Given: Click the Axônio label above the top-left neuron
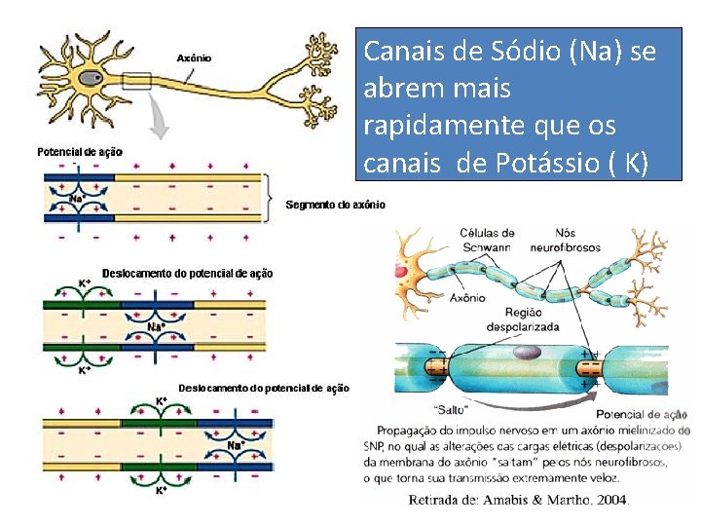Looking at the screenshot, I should tap(193, 58).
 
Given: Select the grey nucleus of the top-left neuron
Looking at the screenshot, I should tap(91, 78).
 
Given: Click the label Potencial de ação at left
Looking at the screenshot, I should tap(80, 152).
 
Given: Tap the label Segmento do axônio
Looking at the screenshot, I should tap(335, 205).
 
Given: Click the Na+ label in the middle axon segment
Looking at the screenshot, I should tap(156, 326).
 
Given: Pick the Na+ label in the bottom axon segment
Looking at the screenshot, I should tap(236, 446).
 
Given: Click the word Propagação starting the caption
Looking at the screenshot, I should tap(409, 430).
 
